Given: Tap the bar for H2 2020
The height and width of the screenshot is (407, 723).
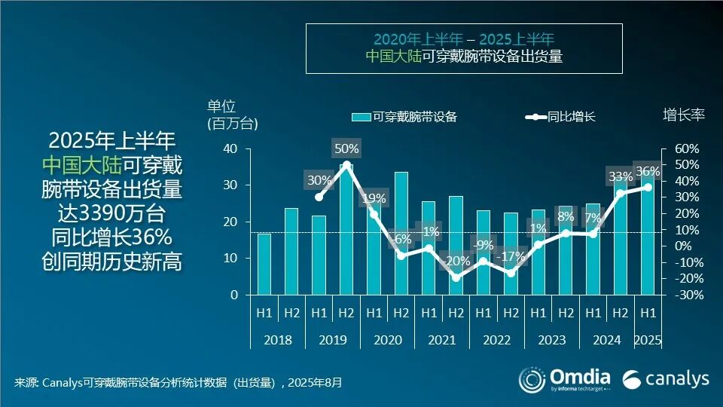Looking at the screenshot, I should coord(401,234).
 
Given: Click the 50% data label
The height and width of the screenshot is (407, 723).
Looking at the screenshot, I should coord(346,148).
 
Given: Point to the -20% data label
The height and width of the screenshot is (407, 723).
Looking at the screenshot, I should coord(456,261).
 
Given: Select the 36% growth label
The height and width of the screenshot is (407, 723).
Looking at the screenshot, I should coord(647,171).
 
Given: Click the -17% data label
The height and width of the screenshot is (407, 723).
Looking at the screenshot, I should coord(511,256).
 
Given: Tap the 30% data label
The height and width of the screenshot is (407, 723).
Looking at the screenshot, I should coord(319,180).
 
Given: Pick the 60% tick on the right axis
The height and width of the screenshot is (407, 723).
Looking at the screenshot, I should coord(685,148).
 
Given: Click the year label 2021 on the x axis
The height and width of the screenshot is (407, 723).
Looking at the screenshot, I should coord(442,340).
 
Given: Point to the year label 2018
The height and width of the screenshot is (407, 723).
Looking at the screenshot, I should coord(277,340).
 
